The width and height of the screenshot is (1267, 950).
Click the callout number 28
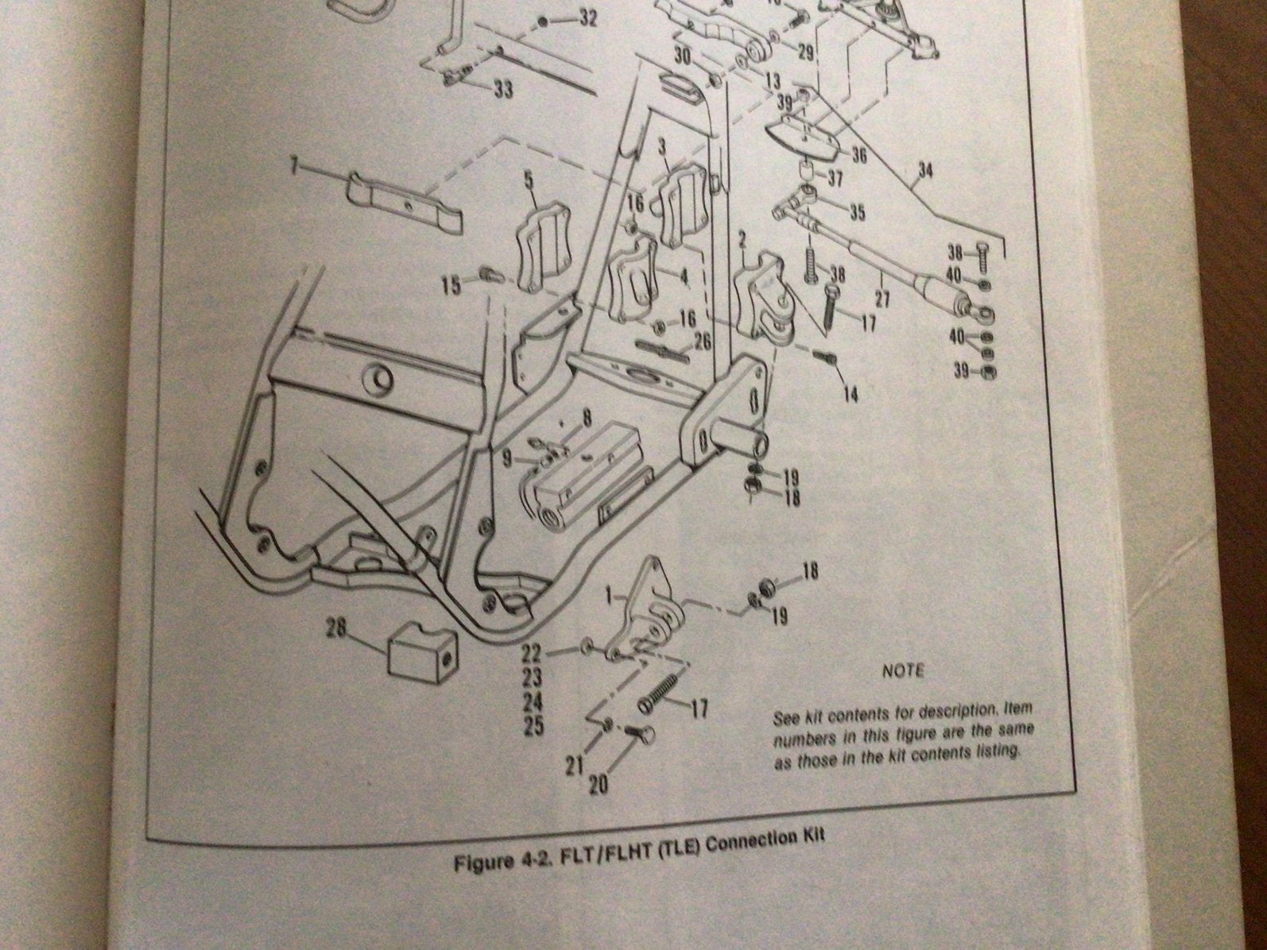336,629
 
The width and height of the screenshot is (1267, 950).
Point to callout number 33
503,90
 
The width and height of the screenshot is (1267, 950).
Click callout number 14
851,395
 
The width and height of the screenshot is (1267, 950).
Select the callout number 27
882,299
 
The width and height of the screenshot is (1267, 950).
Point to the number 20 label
598,786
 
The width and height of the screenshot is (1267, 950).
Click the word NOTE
903,671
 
